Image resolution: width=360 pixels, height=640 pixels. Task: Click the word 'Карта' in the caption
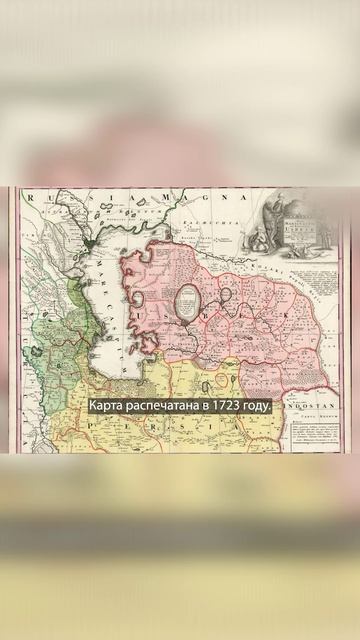[x=108, y=407]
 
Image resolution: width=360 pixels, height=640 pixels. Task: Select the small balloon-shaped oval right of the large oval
[x=227, y=296]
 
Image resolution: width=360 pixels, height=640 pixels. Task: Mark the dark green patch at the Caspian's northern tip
[x=93, y=244]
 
